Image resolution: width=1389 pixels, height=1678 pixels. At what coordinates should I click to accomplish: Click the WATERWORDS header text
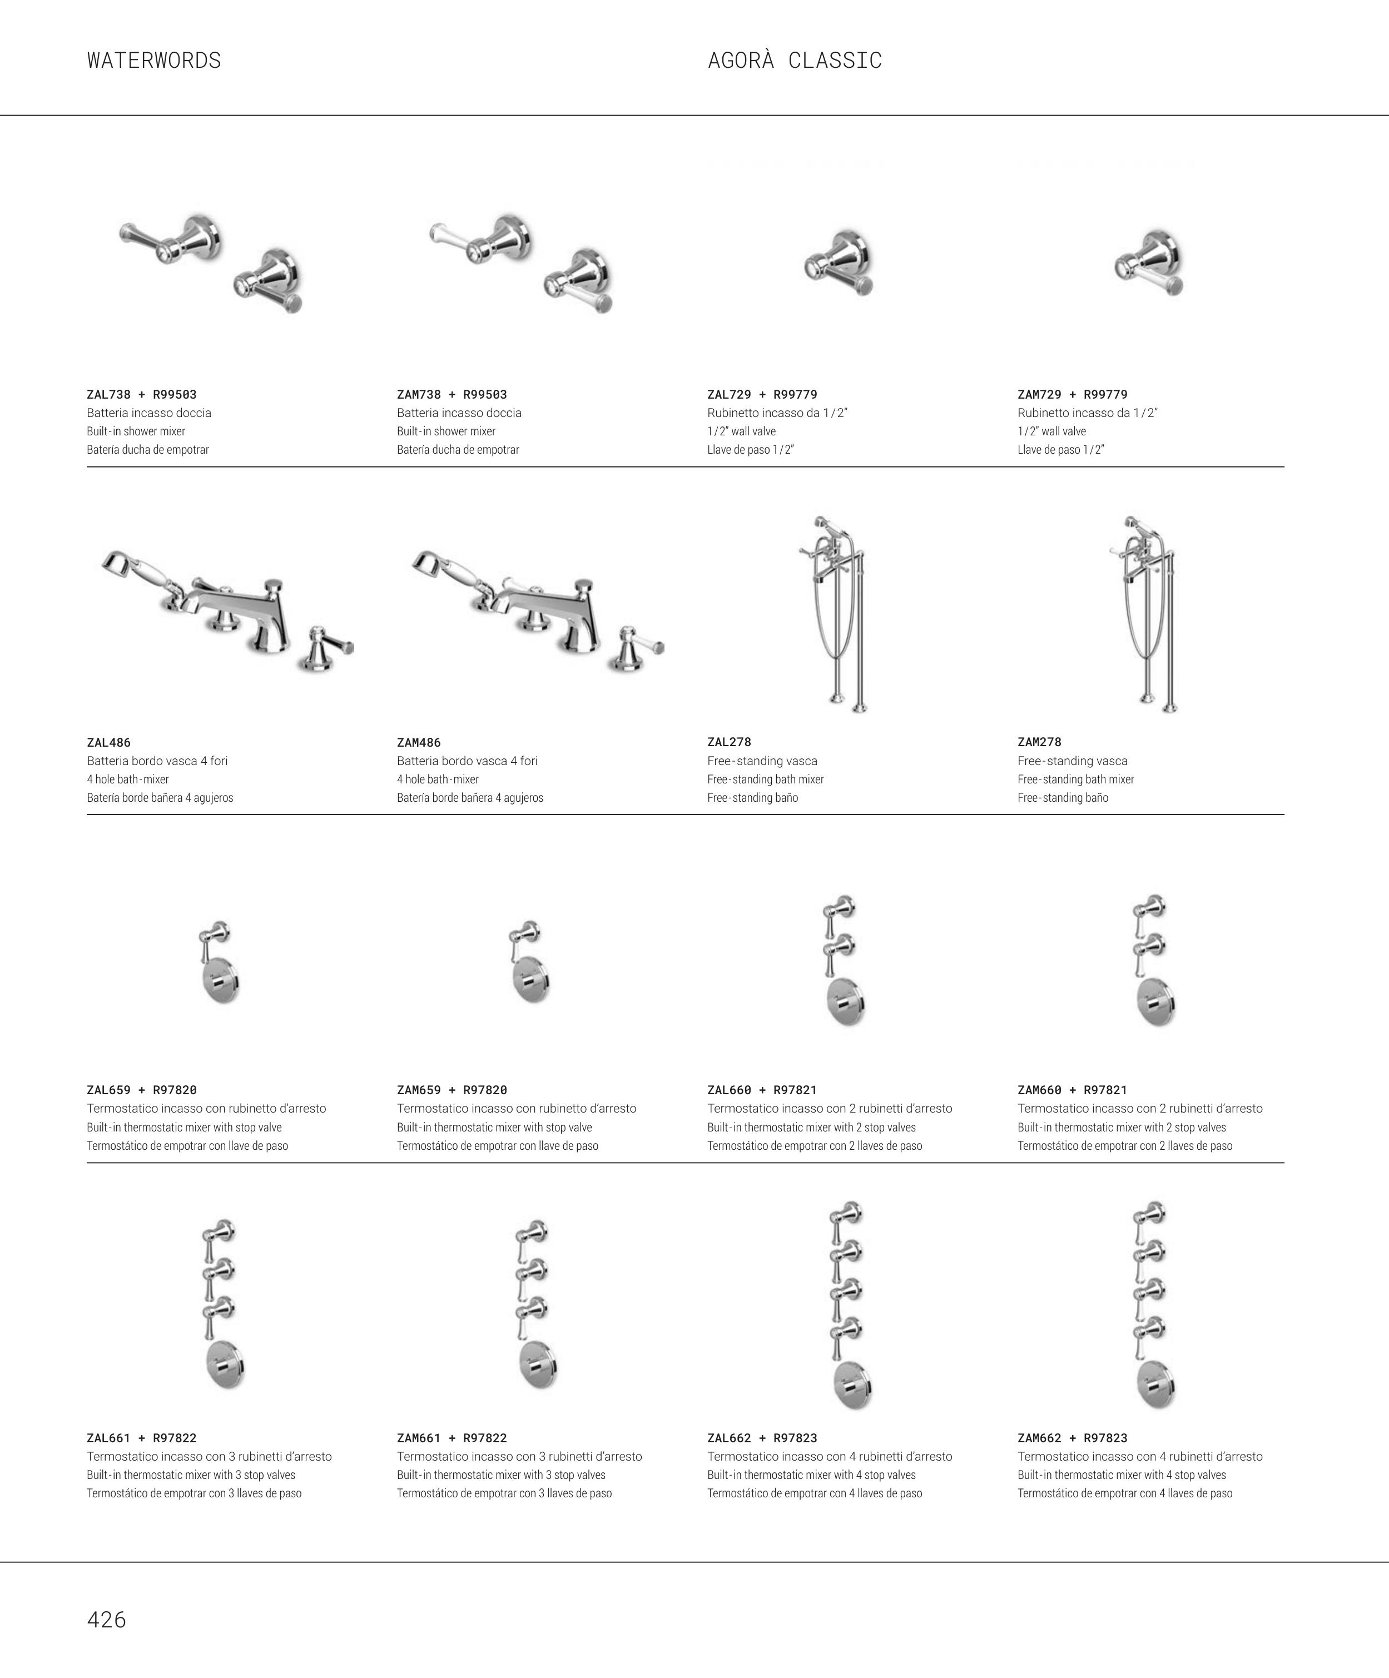click(x=154, y=61)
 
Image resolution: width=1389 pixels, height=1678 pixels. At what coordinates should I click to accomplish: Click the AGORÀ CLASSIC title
click(x=795, y=60)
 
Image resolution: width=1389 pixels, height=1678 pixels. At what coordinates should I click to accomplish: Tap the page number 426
click(x=106, y=1620)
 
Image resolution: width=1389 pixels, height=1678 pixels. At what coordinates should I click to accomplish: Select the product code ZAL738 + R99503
click(x=141, y=395)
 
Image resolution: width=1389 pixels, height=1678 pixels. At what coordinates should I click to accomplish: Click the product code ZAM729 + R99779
click(x=1073, y=395)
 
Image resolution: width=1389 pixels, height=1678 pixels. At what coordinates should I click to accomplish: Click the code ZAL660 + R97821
click(x=762, y=1090)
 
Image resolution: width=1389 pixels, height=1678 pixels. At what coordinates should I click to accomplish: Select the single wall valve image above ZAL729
click(x=839, y=264)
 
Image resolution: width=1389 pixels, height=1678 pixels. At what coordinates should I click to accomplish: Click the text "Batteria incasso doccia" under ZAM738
click(x=459, y=413)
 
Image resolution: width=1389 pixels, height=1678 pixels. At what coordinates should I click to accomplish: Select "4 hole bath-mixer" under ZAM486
click(x=438, y=779)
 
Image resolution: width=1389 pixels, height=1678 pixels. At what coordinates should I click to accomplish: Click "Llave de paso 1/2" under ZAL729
click(x=751, y=450)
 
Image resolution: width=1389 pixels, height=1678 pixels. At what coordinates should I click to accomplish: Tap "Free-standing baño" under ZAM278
click(x=1063, y=797)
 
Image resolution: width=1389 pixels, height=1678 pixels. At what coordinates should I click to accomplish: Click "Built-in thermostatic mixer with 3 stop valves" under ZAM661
click(x=501, y=1475)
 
